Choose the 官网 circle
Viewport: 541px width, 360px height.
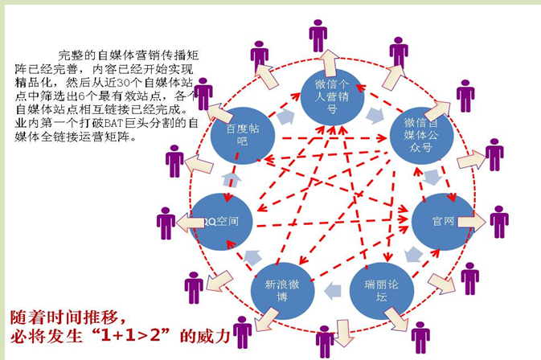(442, 220)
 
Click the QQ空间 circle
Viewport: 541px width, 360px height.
(219, 220)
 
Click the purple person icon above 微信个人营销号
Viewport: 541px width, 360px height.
(318, 35)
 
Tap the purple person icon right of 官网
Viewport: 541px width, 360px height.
(499, 221)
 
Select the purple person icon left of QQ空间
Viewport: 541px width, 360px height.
(166, 223)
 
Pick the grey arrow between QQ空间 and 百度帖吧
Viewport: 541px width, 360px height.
(232, 178)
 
